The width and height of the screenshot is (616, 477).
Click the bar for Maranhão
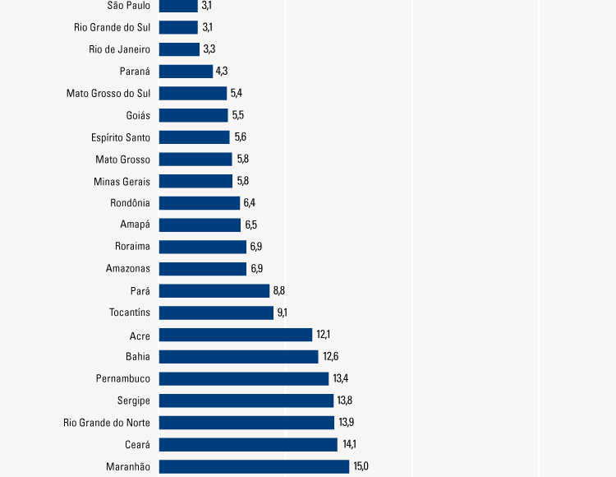[254, 466]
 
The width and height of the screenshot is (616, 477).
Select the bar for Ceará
[248, 444]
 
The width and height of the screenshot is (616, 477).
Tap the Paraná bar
[186, 72]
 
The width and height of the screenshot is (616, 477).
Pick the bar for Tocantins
[216, 313]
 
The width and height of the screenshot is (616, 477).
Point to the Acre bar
[236, 335]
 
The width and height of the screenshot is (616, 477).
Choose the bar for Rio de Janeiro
[179, 49]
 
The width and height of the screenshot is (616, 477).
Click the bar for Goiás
[193, 115]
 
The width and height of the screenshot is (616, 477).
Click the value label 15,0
[361, 466]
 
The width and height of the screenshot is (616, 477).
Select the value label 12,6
[330, 357]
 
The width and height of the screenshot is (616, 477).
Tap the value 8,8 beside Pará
[279, 290]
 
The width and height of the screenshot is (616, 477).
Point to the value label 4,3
[222, 72]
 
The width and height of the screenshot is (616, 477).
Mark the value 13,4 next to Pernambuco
[341, 378]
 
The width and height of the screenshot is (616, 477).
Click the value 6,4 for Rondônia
[250, 203]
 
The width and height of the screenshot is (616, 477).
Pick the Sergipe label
[133, 401]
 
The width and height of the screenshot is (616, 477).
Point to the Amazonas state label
[128, 269]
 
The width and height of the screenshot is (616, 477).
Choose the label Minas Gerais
[122, 181]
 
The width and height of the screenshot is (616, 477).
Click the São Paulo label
[129, 6]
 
